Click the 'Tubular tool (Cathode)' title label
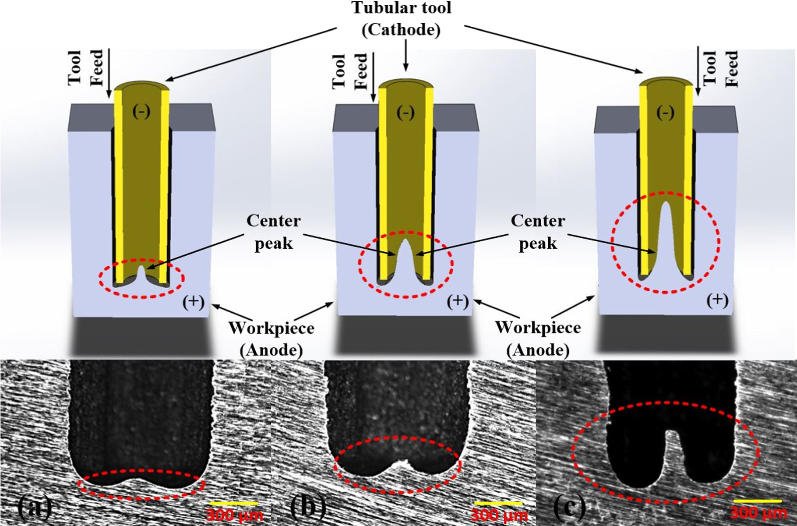[x=402, y=18]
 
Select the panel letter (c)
[x=569, y=507]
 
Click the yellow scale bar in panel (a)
[x=233, y=503]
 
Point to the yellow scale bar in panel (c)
[x=757, y=501]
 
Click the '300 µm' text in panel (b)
[x=499, y=515]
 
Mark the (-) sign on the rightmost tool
[x=665, y=113]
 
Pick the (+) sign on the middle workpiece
[x=458, y=301]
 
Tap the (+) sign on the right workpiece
[x=717, y=300]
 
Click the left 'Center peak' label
[x=274, y=232]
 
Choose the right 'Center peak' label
[x=538, y=232]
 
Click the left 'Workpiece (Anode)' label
[x=271, y=339]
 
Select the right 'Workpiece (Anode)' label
[x=538, y=339]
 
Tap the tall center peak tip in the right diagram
[x=666, y=206]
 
